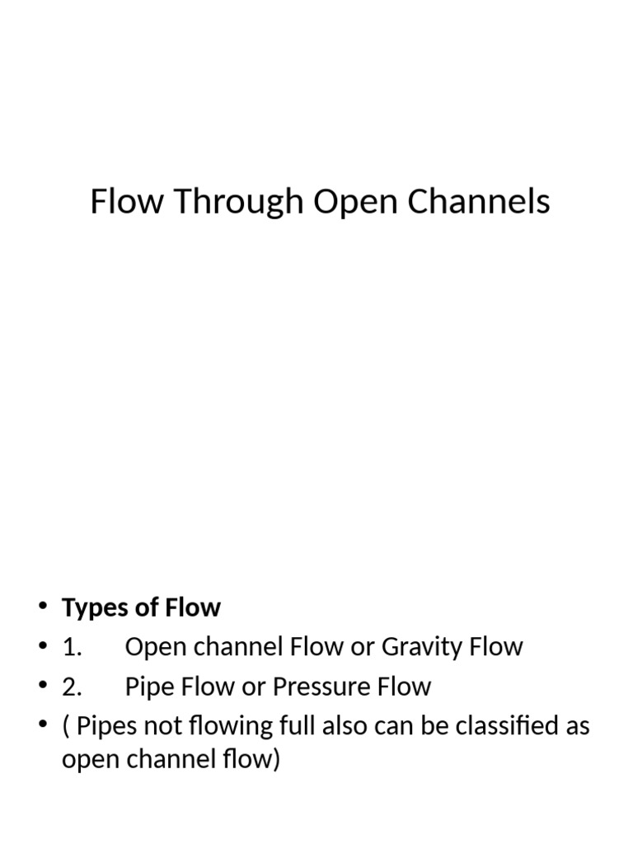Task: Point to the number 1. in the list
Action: [x=72, y=647]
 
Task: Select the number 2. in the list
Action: [x=72, y=687]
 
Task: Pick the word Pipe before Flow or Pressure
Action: [x=151, y=687]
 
